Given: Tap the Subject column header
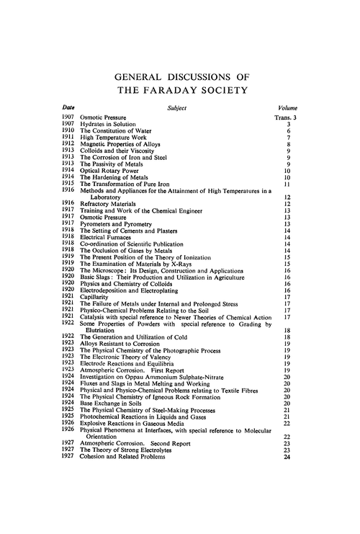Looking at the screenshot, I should tap(180, 107).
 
